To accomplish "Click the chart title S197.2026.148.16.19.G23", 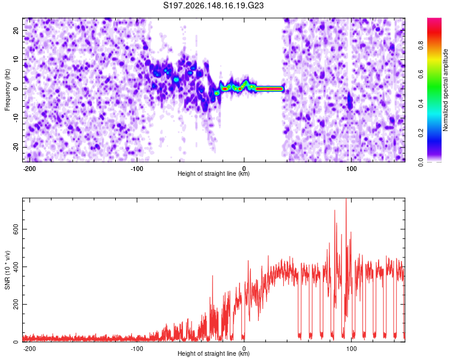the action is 213,5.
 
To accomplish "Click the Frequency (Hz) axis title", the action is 7,90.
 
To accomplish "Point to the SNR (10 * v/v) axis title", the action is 7,270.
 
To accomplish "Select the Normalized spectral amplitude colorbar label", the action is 445,90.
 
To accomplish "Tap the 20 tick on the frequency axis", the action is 16,30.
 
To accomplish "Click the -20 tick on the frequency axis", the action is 16,147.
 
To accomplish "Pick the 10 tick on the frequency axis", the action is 16,59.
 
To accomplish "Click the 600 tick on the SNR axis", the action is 16,229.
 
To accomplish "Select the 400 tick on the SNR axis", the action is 16,266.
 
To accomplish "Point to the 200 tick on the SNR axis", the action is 16,304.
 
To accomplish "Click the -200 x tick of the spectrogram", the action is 29,169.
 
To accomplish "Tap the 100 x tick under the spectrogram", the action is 351,169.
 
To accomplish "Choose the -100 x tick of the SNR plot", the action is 137,349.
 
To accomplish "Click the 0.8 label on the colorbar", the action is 421,45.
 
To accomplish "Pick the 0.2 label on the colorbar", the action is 421,133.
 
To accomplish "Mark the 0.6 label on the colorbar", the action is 421,74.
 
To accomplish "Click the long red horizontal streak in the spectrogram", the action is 269,89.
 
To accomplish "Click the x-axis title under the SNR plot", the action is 214,353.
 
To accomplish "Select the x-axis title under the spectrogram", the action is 214,173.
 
